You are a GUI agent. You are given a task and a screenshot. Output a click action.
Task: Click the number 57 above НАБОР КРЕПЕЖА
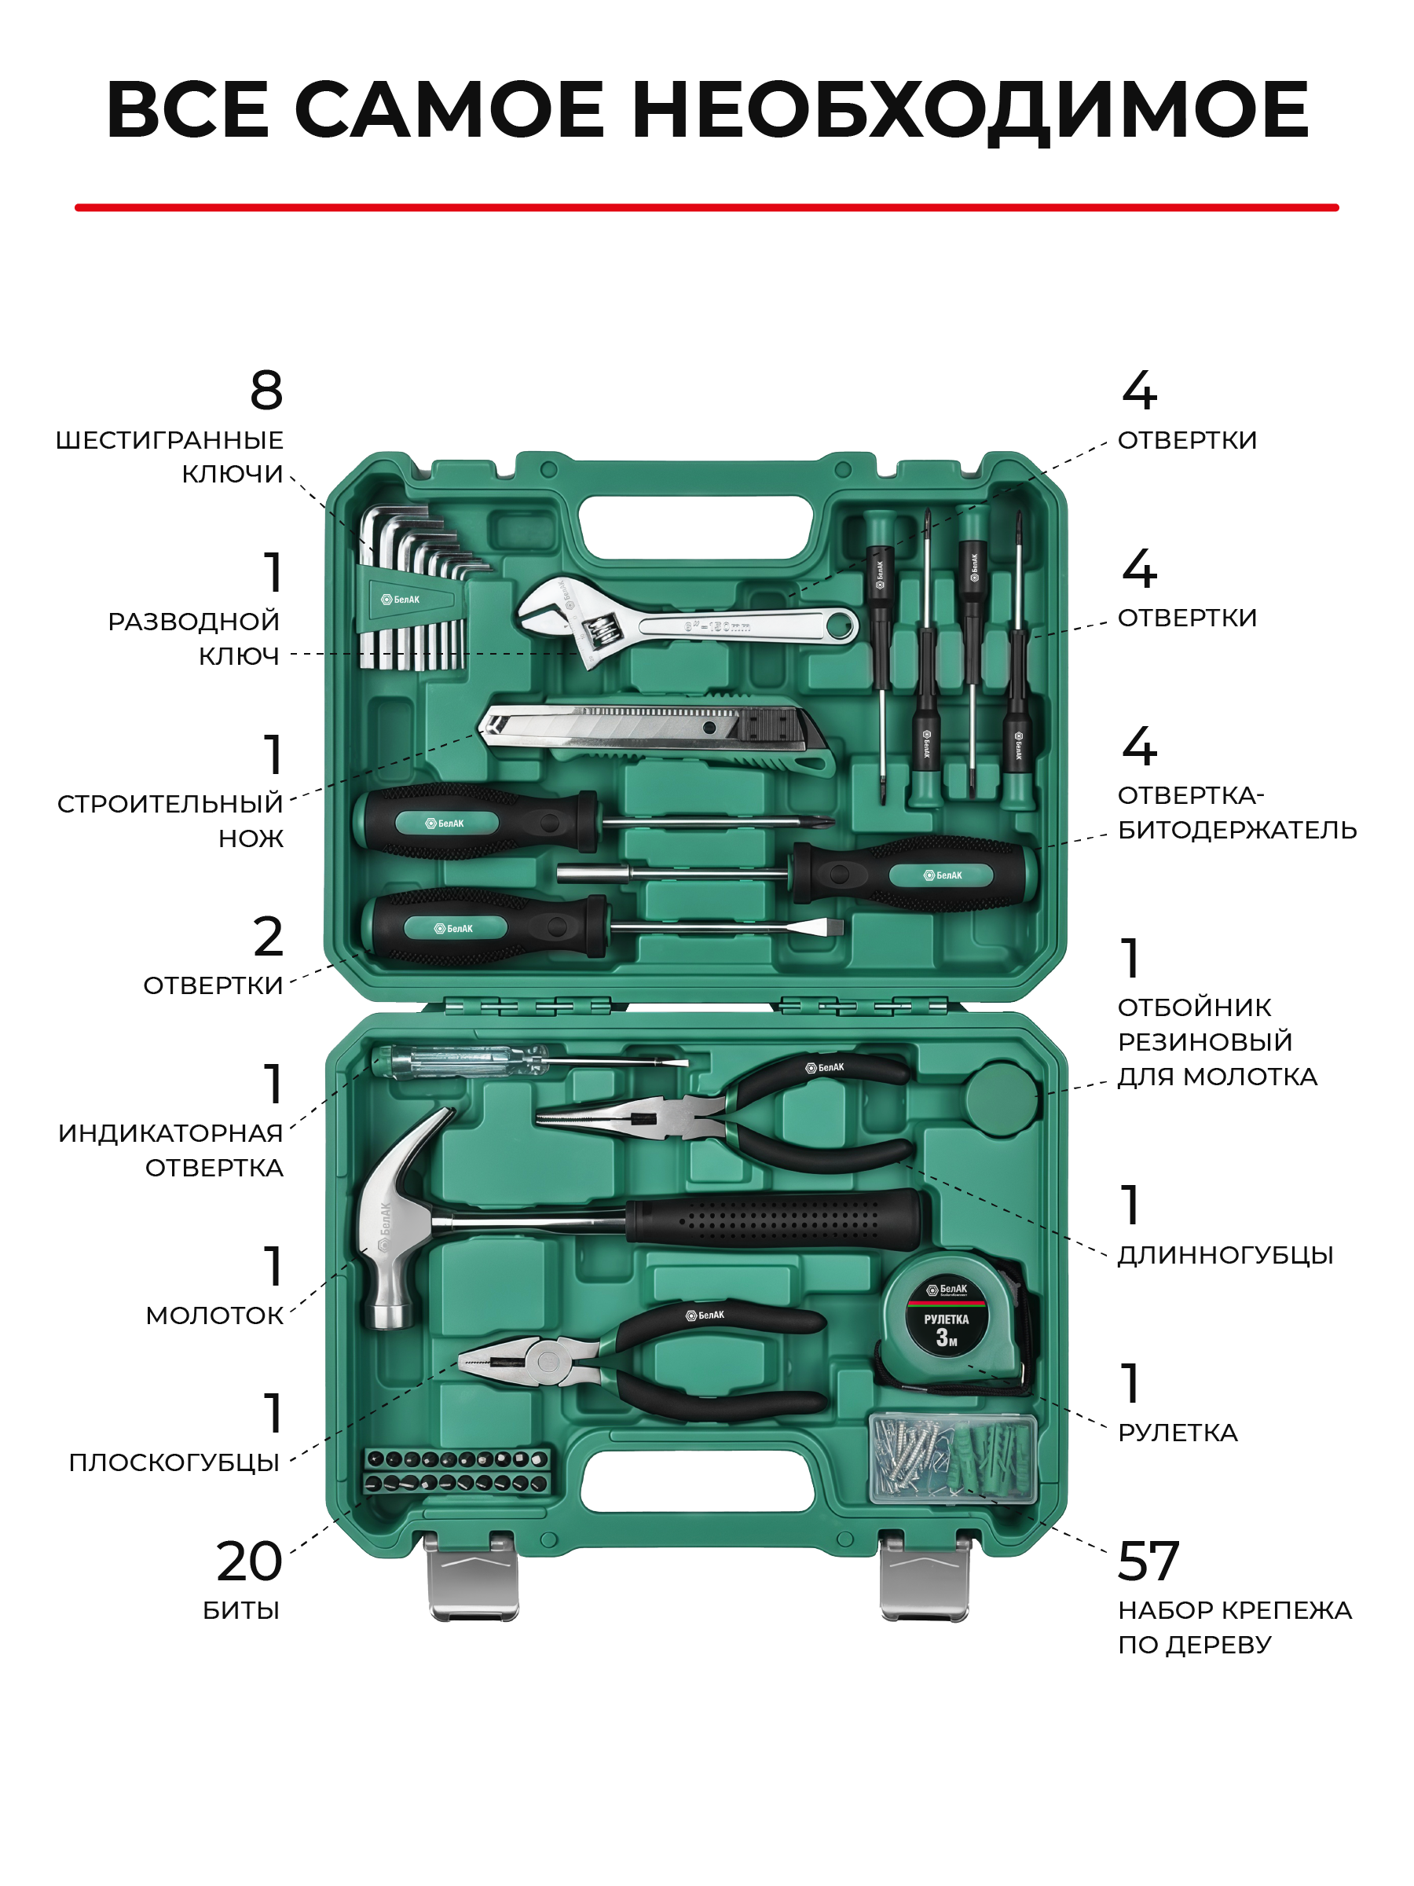click(1147, 1561)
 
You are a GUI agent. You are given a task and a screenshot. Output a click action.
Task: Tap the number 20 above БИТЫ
click(249, 1561)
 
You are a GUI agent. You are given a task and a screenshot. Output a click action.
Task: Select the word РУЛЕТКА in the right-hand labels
click(1177, 1433)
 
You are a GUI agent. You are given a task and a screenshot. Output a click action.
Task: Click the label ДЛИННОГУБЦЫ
click(1225, 1255)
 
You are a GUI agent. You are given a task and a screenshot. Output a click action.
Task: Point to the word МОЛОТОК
click(214, 1315)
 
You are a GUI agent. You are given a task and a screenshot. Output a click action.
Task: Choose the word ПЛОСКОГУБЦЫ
click(174, 1463)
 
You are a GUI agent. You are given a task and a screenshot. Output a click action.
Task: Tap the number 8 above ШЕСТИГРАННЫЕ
click(267, 391)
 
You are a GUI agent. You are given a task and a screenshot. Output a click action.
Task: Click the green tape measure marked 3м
click(946, 1321)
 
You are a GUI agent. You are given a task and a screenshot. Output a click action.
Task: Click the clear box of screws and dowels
click(952, 1459)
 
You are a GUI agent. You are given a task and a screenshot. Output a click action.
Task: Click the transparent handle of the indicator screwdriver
click(460, 1062)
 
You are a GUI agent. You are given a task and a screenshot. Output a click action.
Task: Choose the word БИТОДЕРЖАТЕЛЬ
click(1236, 830)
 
